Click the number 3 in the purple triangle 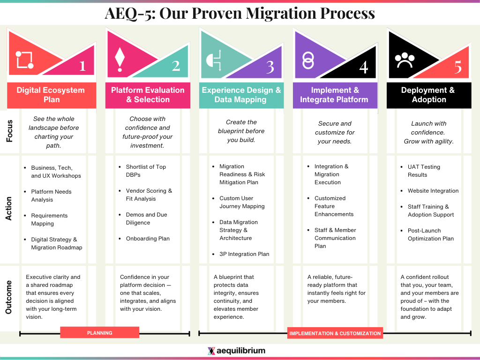270,67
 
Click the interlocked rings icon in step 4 307,60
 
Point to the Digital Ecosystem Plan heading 51,95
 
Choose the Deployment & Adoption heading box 428,95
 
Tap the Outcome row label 9,297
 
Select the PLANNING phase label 100,333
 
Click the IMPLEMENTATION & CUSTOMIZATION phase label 335,333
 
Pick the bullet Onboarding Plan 147,239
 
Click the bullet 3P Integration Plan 244,254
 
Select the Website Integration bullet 433,191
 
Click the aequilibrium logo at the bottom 236,351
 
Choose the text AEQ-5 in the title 128,13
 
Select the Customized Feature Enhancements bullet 333,206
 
